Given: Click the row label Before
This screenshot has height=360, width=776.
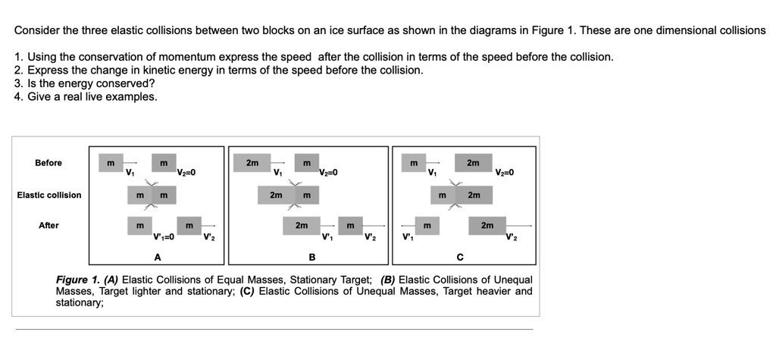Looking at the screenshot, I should (48, 163).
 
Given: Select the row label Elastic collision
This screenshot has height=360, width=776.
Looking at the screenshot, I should (49, 195).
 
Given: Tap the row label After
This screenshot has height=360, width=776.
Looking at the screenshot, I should (48, 225).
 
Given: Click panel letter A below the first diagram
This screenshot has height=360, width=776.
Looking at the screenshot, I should (158, 257).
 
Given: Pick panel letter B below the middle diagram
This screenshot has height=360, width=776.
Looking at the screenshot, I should (311, 257).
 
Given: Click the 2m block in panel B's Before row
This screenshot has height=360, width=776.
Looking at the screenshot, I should (252, 163).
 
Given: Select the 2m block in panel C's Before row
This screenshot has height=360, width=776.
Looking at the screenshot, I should (473, 163).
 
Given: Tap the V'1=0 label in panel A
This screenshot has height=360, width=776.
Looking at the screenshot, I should (164, 237).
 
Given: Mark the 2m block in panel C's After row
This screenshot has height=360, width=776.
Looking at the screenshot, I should (487, 225).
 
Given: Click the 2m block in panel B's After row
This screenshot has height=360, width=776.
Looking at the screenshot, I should (302, 225).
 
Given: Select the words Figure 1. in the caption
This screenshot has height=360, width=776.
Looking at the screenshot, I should (77, 280).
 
